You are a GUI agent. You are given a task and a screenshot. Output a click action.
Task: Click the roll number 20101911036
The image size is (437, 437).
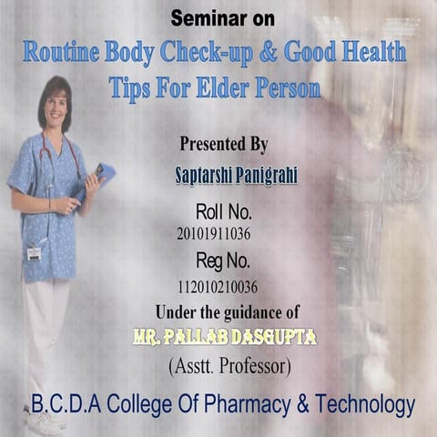click(x=214, y=234)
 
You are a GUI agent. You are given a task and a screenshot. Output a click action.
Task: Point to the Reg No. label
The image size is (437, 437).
click(x=223, y=260)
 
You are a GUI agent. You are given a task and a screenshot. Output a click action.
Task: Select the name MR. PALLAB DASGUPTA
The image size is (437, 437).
click(x=224, y=338)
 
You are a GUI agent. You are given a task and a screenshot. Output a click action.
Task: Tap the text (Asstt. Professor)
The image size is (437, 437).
click(x=228, y=367)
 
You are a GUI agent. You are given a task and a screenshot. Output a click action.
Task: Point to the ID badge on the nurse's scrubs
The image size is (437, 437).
click(x=35, y=252)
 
